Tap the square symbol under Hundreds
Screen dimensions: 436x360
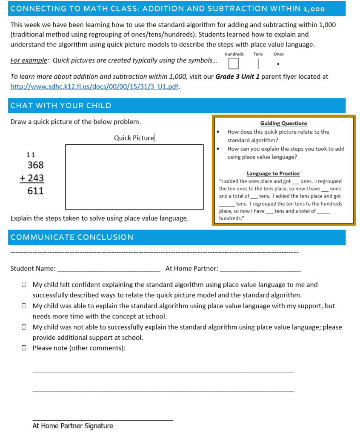click(x=233, y=64)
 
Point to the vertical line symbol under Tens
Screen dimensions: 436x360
click(x=258, y=64)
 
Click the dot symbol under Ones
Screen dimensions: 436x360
click(x=278, y=65)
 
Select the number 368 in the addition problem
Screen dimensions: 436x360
click(x=35, y=165)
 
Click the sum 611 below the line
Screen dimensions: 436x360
click(x=35, y=191)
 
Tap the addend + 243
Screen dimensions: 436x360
click(x=32, y=178)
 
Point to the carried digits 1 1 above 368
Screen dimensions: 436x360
click(x=31, y=155)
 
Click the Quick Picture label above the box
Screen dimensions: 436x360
click(x=134, y=138)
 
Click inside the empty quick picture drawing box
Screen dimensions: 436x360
click(x=134, y=177)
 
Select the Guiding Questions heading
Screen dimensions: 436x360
click(x=283, y=123)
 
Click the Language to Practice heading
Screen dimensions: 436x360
click(x=273, y=174)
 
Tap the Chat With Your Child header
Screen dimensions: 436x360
click(x=61, y=106)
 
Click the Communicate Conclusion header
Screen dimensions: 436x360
click(x=72, y=237)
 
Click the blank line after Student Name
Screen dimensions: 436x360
click(x=109, y=270)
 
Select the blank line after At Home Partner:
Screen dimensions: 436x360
click(x=261, y=270)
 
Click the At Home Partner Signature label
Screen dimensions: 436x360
click(x=73, y=426)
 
